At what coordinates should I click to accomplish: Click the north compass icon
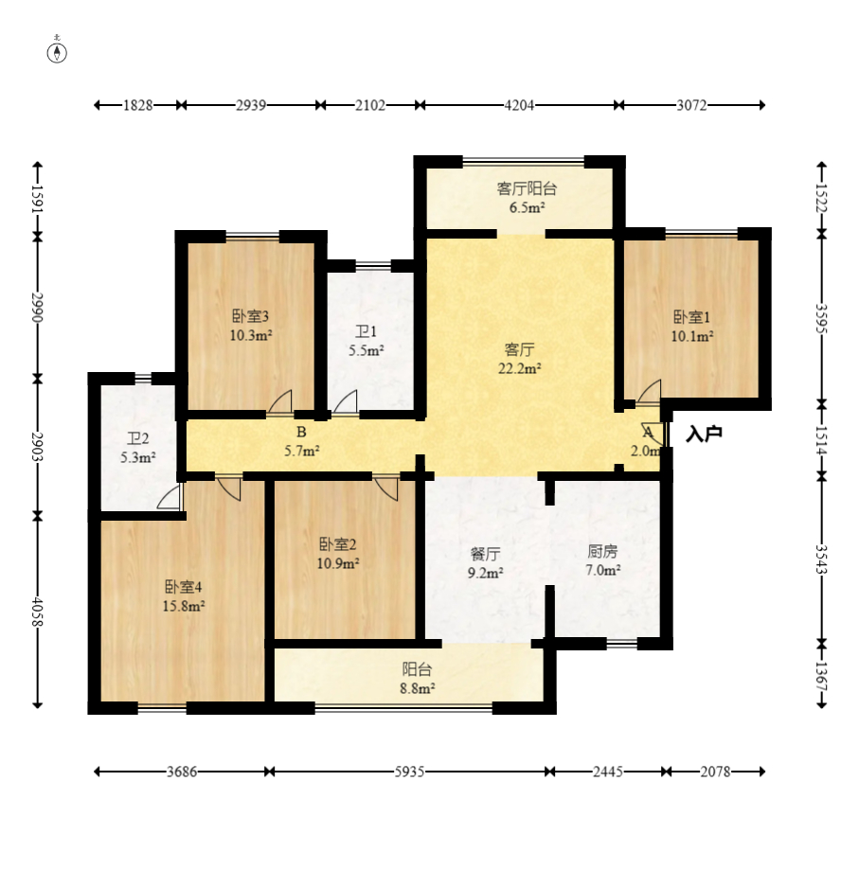click(57, 50)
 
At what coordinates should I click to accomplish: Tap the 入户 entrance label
click(704, 434)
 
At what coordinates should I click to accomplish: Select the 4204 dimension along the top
click(519, 105)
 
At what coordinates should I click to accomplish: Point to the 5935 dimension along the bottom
click(409, 772)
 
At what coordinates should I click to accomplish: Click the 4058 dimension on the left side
click(38, 611)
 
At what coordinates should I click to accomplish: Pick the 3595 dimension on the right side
click(822, 318)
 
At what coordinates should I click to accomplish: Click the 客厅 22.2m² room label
click(519, 359)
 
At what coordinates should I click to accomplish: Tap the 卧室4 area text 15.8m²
click(184, 606)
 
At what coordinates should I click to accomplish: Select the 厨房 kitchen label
click(602, 551)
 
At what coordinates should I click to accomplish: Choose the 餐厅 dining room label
click(486, 553)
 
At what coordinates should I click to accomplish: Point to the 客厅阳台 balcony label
click(527, 188)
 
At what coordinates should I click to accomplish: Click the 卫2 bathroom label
click(138, 439)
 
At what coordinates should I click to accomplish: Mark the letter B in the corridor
click(301, 432)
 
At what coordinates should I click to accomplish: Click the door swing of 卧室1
click(650, 391)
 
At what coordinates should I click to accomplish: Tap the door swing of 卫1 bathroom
click(345, 401)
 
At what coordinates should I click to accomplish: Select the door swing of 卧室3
click(279, 401)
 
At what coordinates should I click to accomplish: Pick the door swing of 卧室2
click(386, 488)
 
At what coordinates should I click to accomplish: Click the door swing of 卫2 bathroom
click(170, 496)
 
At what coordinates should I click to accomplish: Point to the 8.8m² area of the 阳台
click(418, 688)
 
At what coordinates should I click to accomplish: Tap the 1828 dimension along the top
click(137, 105)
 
